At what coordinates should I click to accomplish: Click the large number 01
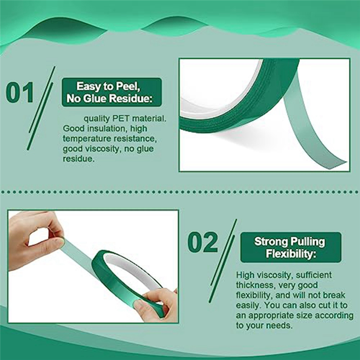20,93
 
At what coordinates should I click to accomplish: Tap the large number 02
202,243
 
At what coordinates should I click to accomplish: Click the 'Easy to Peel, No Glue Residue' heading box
111,92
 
